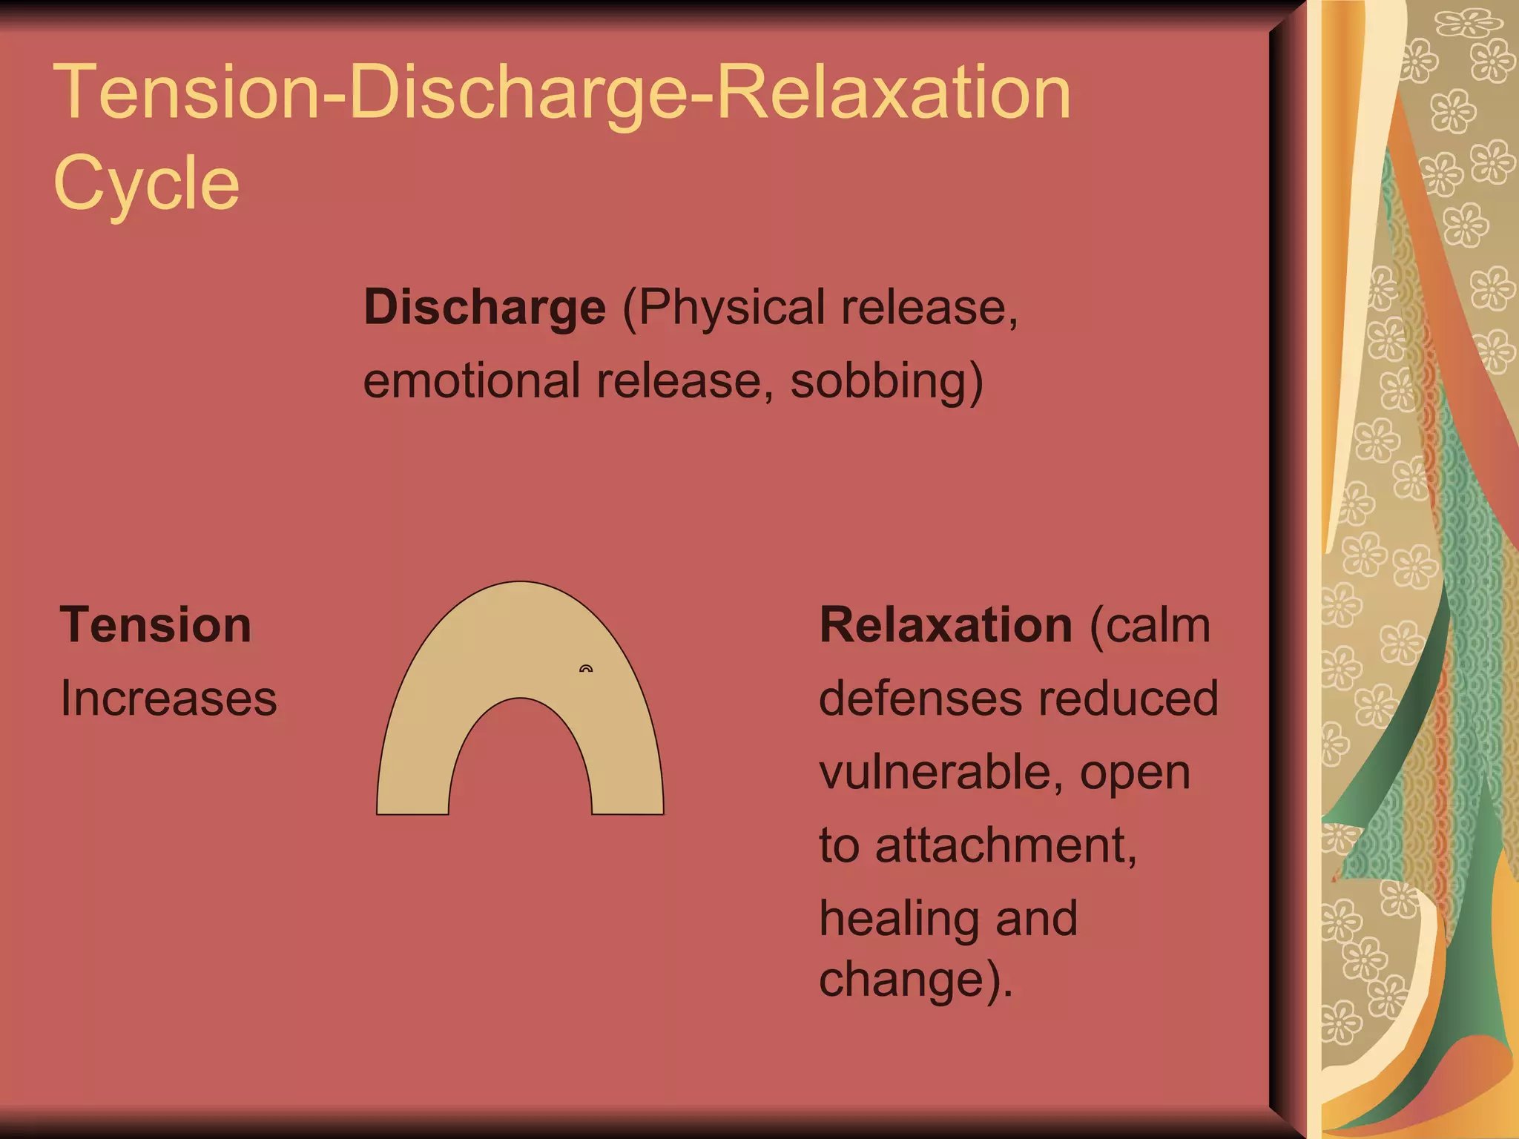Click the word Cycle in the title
(x=146, y=183)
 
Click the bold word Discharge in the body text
(x=484, y=308)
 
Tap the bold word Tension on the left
(x=156, y=625)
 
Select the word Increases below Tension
(x=168, y=699)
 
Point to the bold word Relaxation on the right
(x=946, y=625)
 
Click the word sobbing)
(x=886, y=381)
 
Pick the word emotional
(x=471, y=381)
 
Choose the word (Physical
(x=723, y=308)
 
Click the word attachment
(x=1005, y=845)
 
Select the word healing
(x=898, y=919)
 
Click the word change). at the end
(x=915, y=980)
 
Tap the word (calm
(x=1150, y=625)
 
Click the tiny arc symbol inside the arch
(x=586, y=669)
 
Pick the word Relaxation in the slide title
(x=894, y=93)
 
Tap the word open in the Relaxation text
(x=1135, y=773)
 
